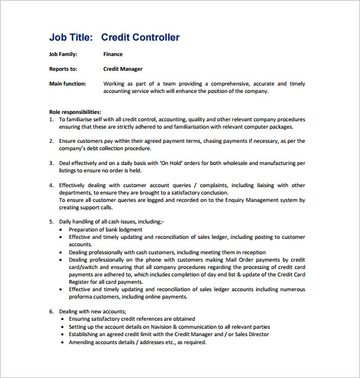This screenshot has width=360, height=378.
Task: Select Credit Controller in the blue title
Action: [140, 38]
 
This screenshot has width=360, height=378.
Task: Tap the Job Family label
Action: [63, 54]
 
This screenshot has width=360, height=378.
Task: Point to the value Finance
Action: [113, 54]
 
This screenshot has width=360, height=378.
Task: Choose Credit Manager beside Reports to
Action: [122, 69]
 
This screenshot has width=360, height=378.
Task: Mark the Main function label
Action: [68, 84]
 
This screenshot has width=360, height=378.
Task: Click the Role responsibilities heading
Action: [75, 112]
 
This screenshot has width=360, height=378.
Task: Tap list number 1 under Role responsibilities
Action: [51, 119]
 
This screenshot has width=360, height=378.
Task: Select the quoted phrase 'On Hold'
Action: [172, 163]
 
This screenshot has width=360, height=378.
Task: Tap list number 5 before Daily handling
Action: [51, 222]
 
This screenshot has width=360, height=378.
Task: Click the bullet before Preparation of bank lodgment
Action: [61, 230]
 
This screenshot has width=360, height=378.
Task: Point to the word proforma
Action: [82, 296]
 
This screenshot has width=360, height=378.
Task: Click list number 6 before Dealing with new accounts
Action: [51, 312]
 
